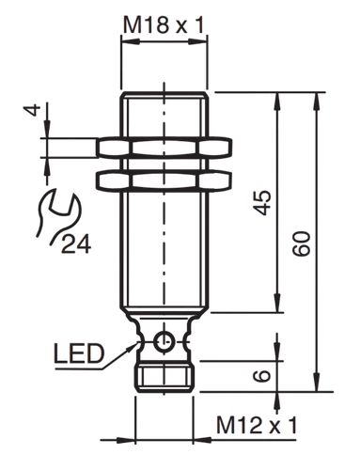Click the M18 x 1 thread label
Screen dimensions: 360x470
coord(164,25)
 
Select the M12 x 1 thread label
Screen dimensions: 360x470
coord(257,425)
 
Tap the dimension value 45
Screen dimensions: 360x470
coord(262,202)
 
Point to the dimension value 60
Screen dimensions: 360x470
coord(302,243)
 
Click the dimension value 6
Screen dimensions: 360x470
coord(262,376)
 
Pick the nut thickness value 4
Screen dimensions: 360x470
coord(32,110)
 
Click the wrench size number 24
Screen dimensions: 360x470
coord(76,243)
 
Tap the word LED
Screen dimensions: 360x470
coord(79,353)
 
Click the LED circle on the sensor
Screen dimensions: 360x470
coord(164,341)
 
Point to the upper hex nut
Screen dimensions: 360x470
coord(164,148)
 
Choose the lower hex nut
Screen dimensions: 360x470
coord(164,180)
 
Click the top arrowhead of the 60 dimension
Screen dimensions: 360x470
coord(317,102)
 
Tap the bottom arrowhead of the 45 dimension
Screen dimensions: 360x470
coord(276,304)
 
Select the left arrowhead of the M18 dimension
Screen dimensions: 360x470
coord(130,41)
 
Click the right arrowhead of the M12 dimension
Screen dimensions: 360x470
coord(202,440)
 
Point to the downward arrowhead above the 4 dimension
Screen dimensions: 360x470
coord(47,129)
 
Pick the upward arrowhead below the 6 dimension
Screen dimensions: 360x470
coord(277,400)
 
